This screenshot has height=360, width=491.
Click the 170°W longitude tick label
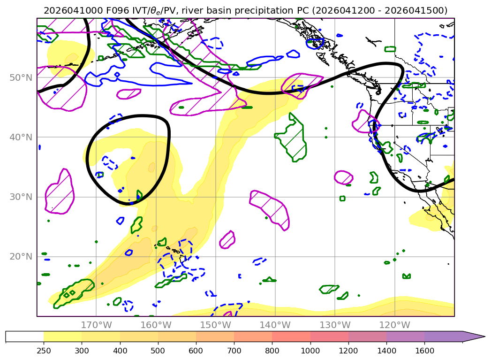(x=96, y=325)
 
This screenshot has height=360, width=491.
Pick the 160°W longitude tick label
(x=156, y=325)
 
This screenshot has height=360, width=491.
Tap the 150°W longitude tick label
(x=215, y=325)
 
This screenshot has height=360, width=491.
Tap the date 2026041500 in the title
(x=422, y=10)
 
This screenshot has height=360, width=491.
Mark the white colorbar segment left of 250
(x=24, y=337)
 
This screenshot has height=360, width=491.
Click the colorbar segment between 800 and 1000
(x=291, y=337)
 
